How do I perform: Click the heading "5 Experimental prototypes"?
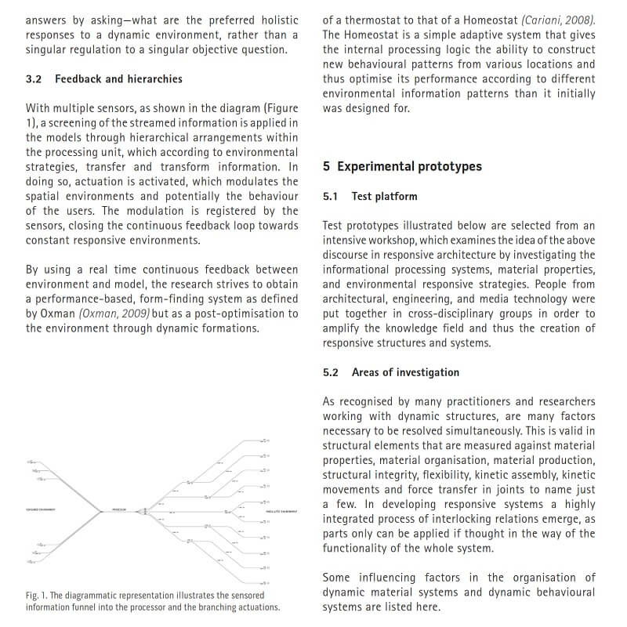pos(402,167)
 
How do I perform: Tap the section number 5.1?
pos(330,197)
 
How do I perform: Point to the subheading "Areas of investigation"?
pos(405,372)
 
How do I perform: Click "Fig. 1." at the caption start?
pos(37,595)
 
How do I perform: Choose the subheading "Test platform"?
pos(385,197)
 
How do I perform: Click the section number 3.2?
pos(34,79)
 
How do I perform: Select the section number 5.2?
pos(330,372)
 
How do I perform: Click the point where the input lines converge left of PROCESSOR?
pos(102,511)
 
